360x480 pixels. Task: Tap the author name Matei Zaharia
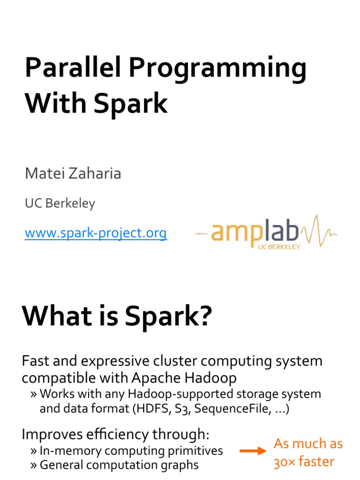[73, 173]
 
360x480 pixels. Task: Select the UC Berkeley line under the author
[60, 203]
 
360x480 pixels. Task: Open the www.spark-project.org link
[96, 232]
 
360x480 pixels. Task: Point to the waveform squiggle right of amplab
[319, 230]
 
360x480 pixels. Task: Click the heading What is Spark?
[117, 317]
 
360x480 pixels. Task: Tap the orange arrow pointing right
[253, 451]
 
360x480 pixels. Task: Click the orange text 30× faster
[304, 462]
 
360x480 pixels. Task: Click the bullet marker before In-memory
[34, 451]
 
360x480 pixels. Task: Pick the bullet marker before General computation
[34, 465]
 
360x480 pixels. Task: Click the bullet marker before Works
[34, 394]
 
